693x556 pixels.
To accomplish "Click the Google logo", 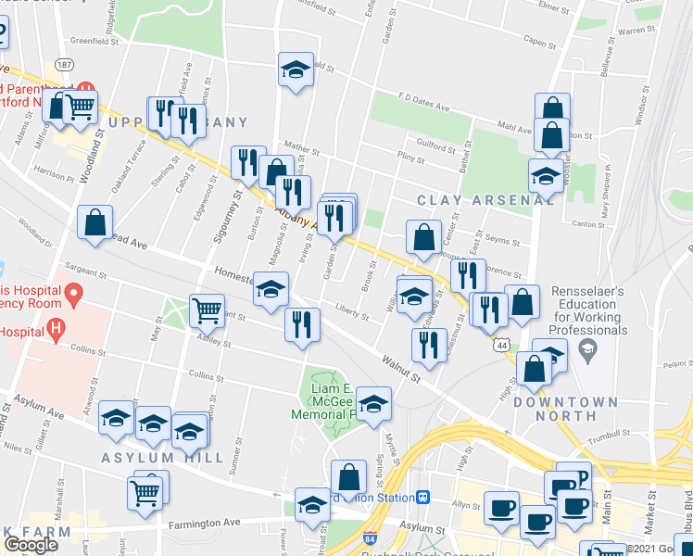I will coord(31,544).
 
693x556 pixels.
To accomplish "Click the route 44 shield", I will coord(501,345).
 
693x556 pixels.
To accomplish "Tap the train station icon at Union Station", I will coord(423,496).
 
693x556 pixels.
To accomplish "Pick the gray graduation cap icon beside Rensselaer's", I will coord(586,348).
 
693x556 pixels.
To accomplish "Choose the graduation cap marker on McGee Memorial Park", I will coord(373,403).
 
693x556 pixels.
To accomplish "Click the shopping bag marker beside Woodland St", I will coord(95,222).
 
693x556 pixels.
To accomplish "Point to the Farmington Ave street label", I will coord(204,523).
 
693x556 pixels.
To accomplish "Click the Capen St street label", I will coord(545,41).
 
